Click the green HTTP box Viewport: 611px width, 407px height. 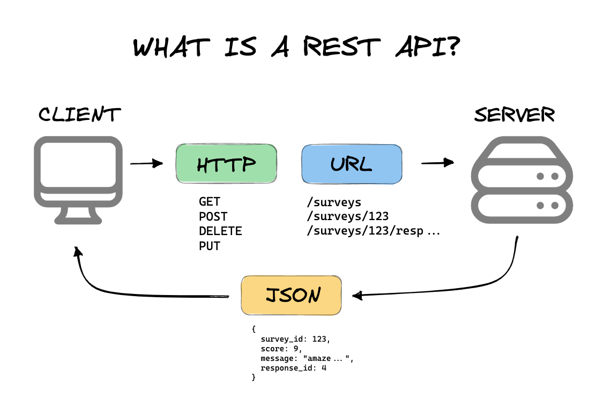(226, 164)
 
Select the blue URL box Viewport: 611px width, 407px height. (352, 164)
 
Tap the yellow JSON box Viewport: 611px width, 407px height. (291, 295)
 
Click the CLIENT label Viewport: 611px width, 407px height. (80, 115)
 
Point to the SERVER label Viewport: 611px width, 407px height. (515, 115)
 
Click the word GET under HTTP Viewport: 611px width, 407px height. (210, 202)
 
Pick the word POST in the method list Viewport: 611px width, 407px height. (213, 217)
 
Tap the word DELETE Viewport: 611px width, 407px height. (220, 231)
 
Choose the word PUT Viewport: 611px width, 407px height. (210, 246)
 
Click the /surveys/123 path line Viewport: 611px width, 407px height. (347, 217)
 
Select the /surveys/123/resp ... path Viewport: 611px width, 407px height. (372, 231)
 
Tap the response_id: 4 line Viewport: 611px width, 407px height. (294, 368)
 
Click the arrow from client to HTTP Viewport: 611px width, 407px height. (146, 163)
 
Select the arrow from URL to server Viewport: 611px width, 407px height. (437, 163)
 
